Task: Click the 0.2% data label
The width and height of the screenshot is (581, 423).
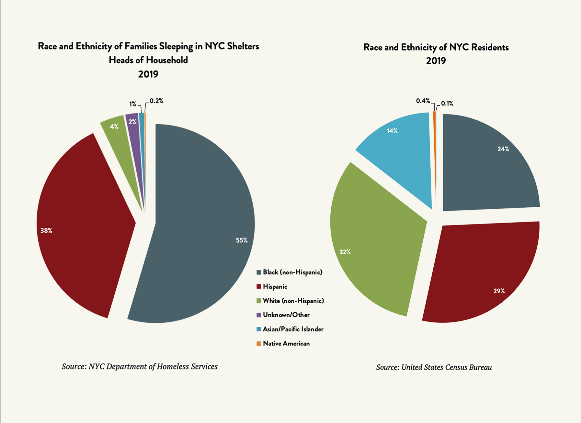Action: [x=156, y=101]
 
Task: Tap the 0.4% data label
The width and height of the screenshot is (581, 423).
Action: [x=423, y=101]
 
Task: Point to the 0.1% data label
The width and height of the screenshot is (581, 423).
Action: [x=447, y=103]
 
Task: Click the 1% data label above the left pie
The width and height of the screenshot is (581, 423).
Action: [x=133, y=104]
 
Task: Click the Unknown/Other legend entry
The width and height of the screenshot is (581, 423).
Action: [x=286, y=315]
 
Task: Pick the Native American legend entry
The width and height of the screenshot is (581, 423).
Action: [x=286, y=343]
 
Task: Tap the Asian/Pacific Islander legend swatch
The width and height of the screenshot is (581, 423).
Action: [x=259, y=329]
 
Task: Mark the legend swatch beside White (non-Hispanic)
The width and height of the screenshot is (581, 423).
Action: [x=259, y=301]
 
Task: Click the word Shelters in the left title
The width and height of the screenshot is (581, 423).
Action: [x=243, y=46]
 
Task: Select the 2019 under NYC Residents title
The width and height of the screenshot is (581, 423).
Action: [x=436, y=61]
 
